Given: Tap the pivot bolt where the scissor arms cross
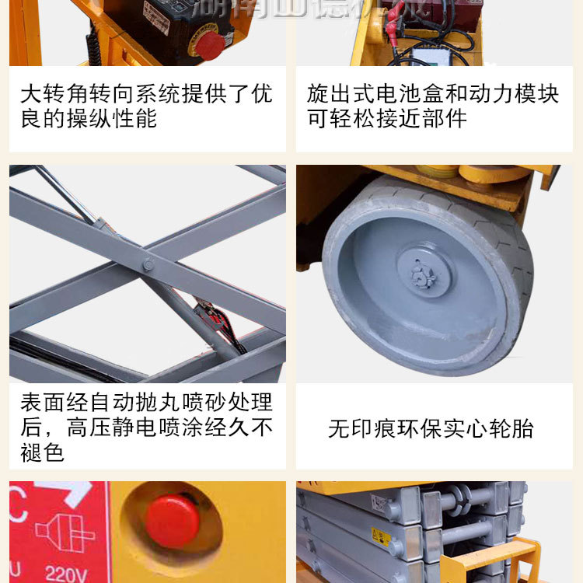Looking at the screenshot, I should pyautogui.click(x=148, y=264).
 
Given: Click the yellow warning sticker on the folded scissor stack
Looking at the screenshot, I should pyautogui.click(x=382, y=537).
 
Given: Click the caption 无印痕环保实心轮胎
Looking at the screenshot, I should pyautogui.click(x=431, y=428).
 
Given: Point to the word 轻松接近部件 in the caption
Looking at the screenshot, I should pyautogui.click(x=398, y=119).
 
